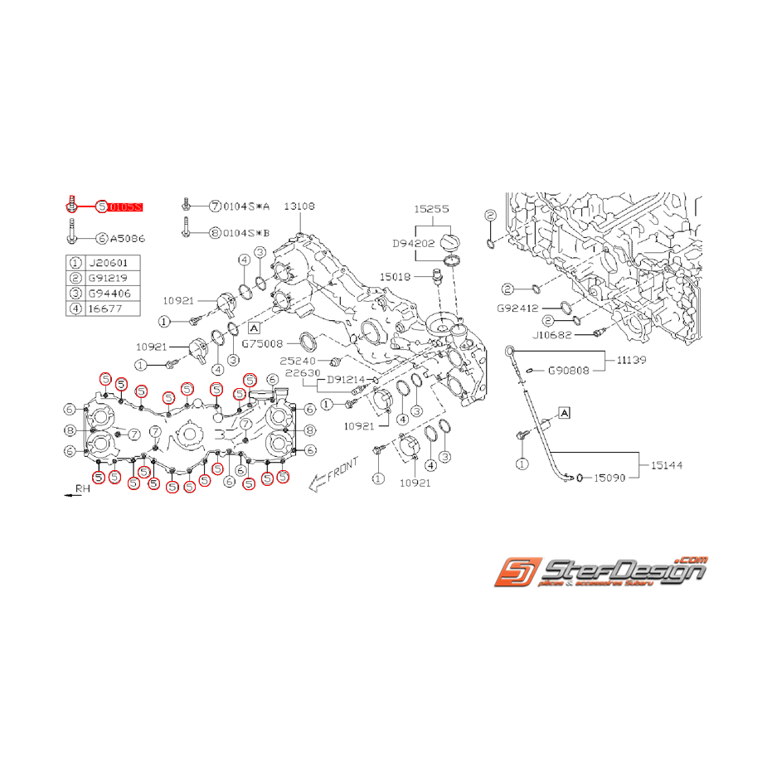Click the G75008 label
tap(262, 342)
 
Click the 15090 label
tap(611, 478)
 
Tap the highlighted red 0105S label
tap(125, 206)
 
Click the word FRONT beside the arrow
tap(342, 470)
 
